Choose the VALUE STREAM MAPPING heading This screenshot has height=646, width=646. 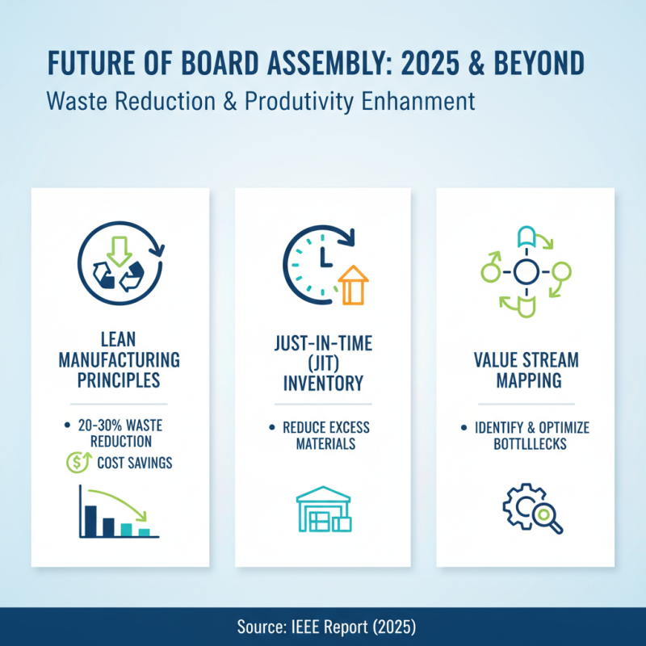[x=526, y=370]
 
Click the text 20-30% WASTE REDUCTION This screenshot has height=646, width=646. [x=121, y=434]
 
